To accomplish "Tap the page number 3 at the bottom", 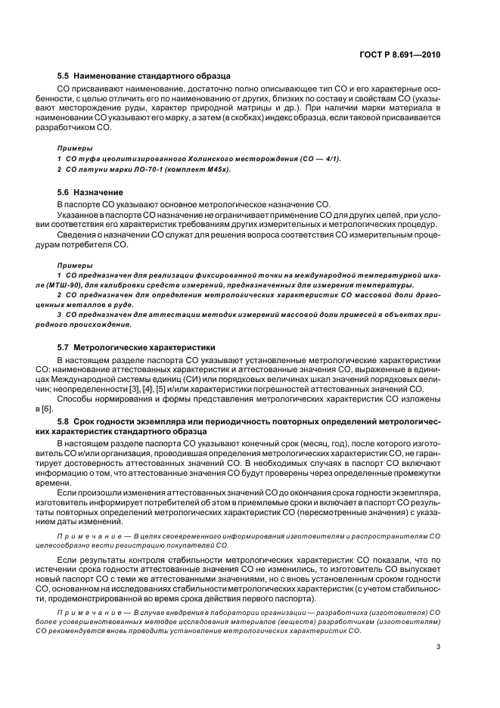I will click(439, 647).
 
